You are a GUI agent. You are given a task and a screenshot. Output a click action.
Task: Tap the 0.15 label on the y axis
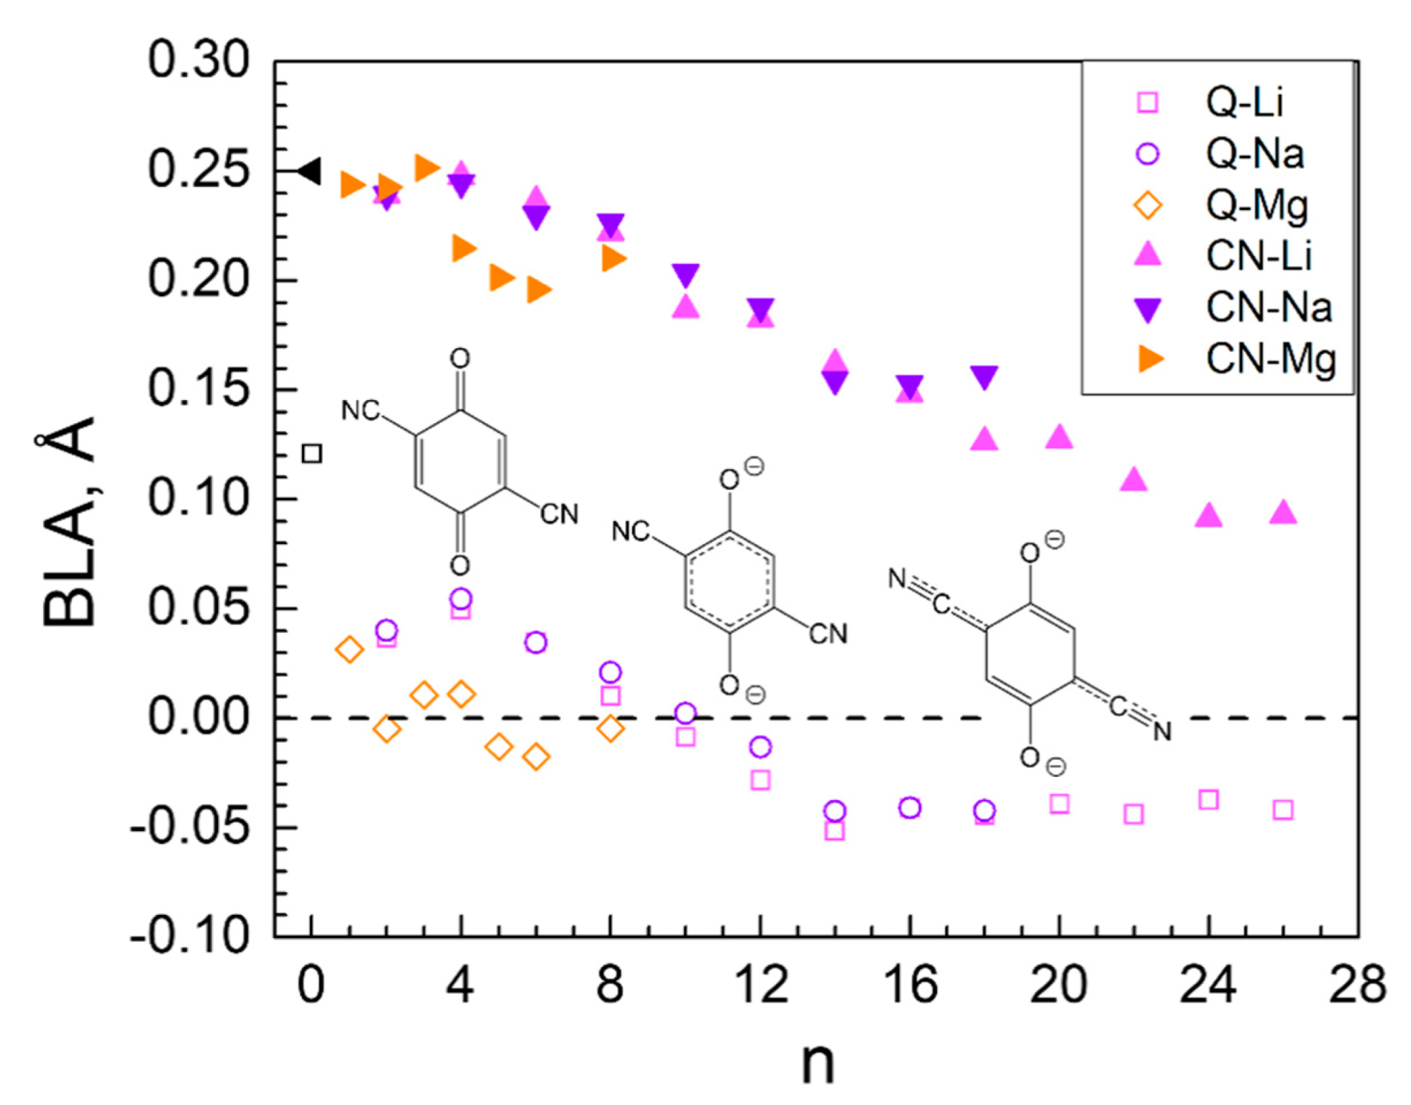coord(198,388)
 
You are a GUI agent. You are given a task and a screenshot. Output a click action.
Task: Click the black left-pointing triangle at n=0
coord(310,171)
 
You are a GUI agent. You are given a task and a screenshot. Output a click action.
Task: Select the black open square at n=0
coord(311,453)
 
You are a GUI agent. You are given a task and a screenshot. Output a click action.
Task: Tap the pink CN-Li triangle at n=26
coord(1283,512)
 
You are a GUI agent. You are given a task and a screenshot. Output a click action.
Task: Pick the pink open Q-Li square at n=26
coord(1283,810)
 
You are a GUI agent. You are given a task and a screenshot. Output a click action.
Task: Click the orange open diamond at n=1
coord(350,650)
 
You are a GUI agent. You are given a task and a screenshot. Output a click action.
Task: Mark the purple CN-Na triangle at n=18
coord(984,376)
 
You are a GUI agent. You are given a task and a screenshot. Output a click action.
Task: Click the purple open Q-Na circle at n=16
coord(910,808)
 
